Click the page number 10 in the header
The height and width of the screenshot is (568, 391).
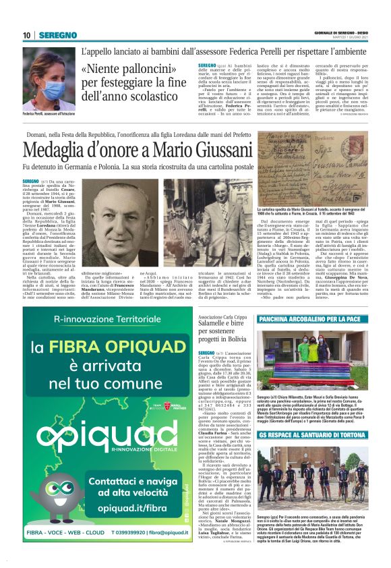pyautogui.click(x=27, y=35)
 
